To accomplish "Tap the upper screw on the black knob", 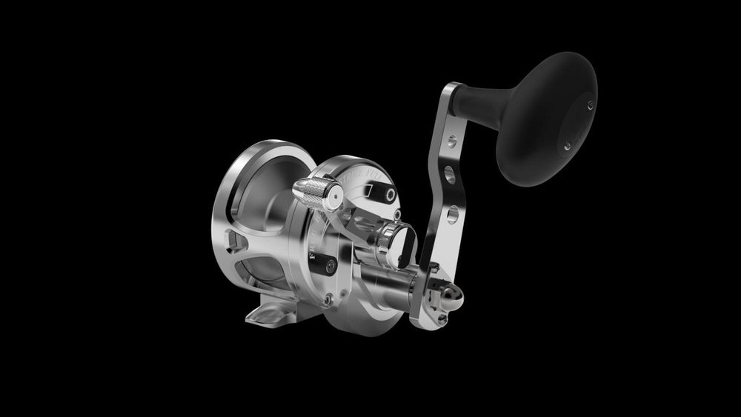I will (591, 104).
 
